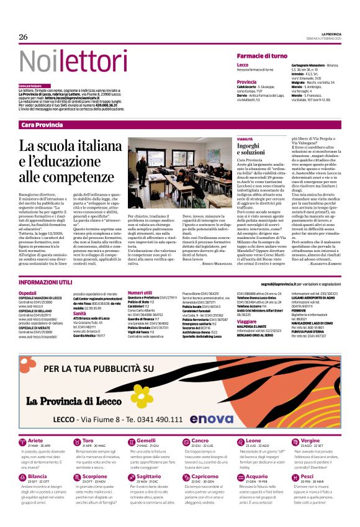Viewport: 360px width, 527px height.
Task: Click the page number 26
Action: tap(24, 37)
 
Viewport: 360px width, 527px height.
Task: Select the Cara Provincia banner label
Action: tap(42, 125)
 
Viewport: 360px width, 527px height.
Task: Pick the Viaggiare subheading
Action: tap(248, 323)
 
